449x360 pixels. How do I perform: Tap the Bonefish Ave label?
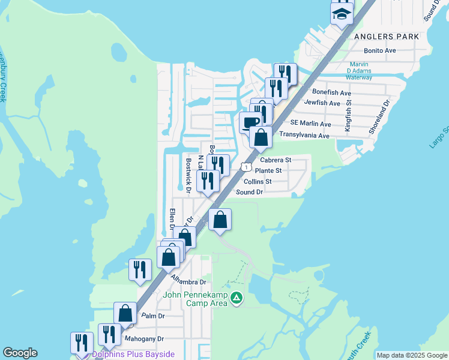tap(331, 93)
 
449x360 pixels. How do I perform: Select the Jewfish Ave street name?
tap(322, 103)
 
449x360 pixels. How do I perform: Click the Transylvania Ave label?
tap(304, 136)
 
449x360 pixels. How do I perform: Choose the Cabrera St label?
tap(276, 160)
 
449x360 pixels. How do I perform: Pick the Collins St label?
tap(258, 181)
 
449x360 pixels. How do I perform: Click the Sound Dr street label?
tap(250, 192)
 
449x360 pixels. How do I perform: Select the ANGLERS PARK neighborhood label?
tap(386, 37)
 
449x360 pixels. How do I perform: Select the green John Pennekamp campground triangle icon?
tap(237, 297)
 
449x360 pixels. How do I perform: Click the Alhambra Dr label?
tap(188, 281)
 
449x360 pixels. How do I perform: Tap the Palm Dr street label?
tap(152, 316)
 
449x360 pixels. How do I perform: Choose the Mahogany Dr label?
tap(143, 338)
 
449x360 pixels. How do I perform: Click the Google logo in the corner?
tap(20, 353)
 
